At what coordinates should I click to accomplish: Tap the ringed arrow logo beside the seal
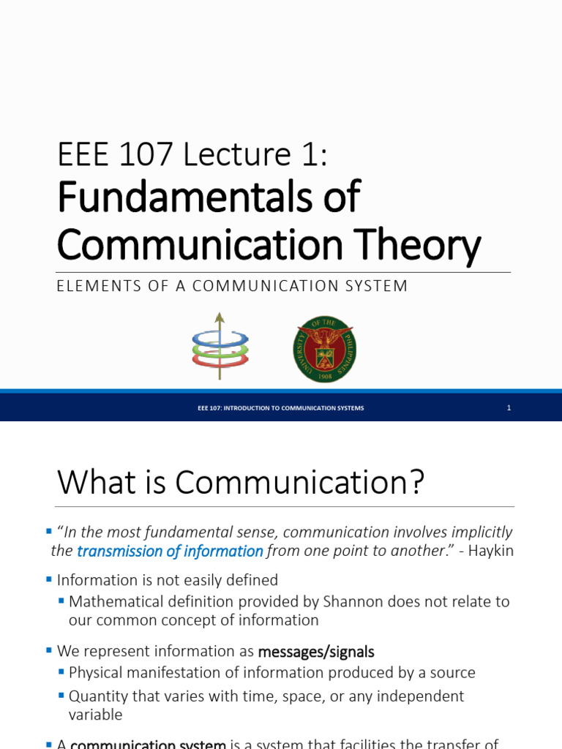[220, 347]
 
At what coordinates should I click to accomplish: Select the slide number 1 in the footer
[509, 408]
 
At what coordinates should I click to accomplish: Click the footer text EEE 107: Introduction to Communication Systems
[280, 408]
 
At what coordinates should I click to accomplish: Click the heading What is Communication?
[241, 483]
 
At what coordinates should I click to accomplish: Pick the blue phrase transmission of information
[170, 552]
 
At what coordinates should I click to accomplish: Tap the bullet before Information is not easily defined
[49, 579]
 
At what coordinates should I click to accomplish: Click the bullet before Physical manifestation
[62, 671]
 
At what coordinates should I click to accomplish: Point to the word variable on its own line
[95, 715]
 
